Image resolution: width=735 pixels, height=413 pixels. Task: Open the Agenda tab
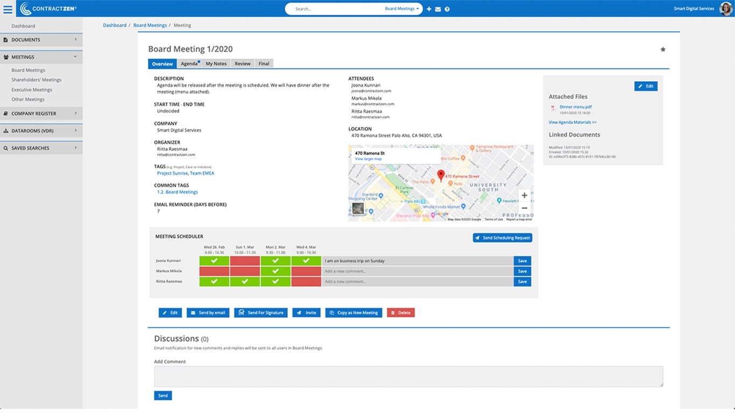(189, 63)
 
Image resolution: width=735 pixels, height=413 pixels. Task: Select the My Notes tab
(216, 63)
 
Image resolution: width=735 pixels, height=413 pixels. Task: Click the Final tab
(264, 63)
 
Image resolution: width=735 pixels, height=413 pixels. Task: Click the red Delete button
(400, 312)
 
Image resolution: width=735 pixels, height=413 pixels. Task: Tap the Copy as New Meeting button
(354, 312)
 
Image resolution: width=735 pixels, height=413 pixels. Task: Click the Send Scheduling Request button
(502, 238)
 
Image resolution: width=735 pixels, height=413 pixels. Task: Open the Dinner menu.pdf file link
(575, 107)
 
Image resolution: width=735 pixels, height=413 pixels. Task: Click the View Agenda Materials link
(573, 123)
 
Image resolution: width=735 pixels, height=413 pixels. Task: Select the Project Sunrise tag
(172, 173)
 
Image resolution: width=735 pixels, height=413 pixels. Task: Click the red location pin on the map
(441, 175)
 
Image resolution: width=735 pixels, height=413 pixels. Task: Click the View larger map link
(368, 159)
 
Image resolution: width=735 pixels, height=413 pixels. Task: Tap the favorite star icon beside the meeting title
(663, 49)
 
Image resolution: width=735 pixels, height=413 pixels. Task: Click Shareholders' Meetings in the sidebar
(37, 80)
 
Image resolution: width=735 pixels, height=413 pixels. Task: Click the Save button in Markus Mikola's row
(522, 271)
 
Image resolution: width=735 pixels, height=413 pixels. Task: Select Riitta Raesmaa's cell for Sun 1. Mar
(245, 281)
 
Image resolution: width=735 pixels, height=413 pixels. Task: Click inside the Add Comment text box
(408, 376)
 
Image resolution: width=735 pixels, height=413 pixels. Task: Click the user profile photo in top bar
(726, 9)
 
